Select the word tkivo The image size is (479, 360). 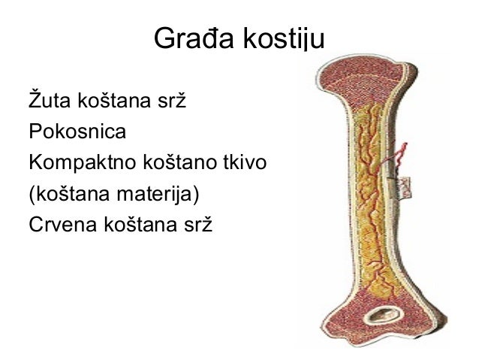tap(243, 162)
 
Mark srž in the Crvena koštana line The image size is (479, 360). tap(198, 225)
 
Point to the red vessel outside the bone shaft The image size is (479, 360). tap(405, 154)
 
